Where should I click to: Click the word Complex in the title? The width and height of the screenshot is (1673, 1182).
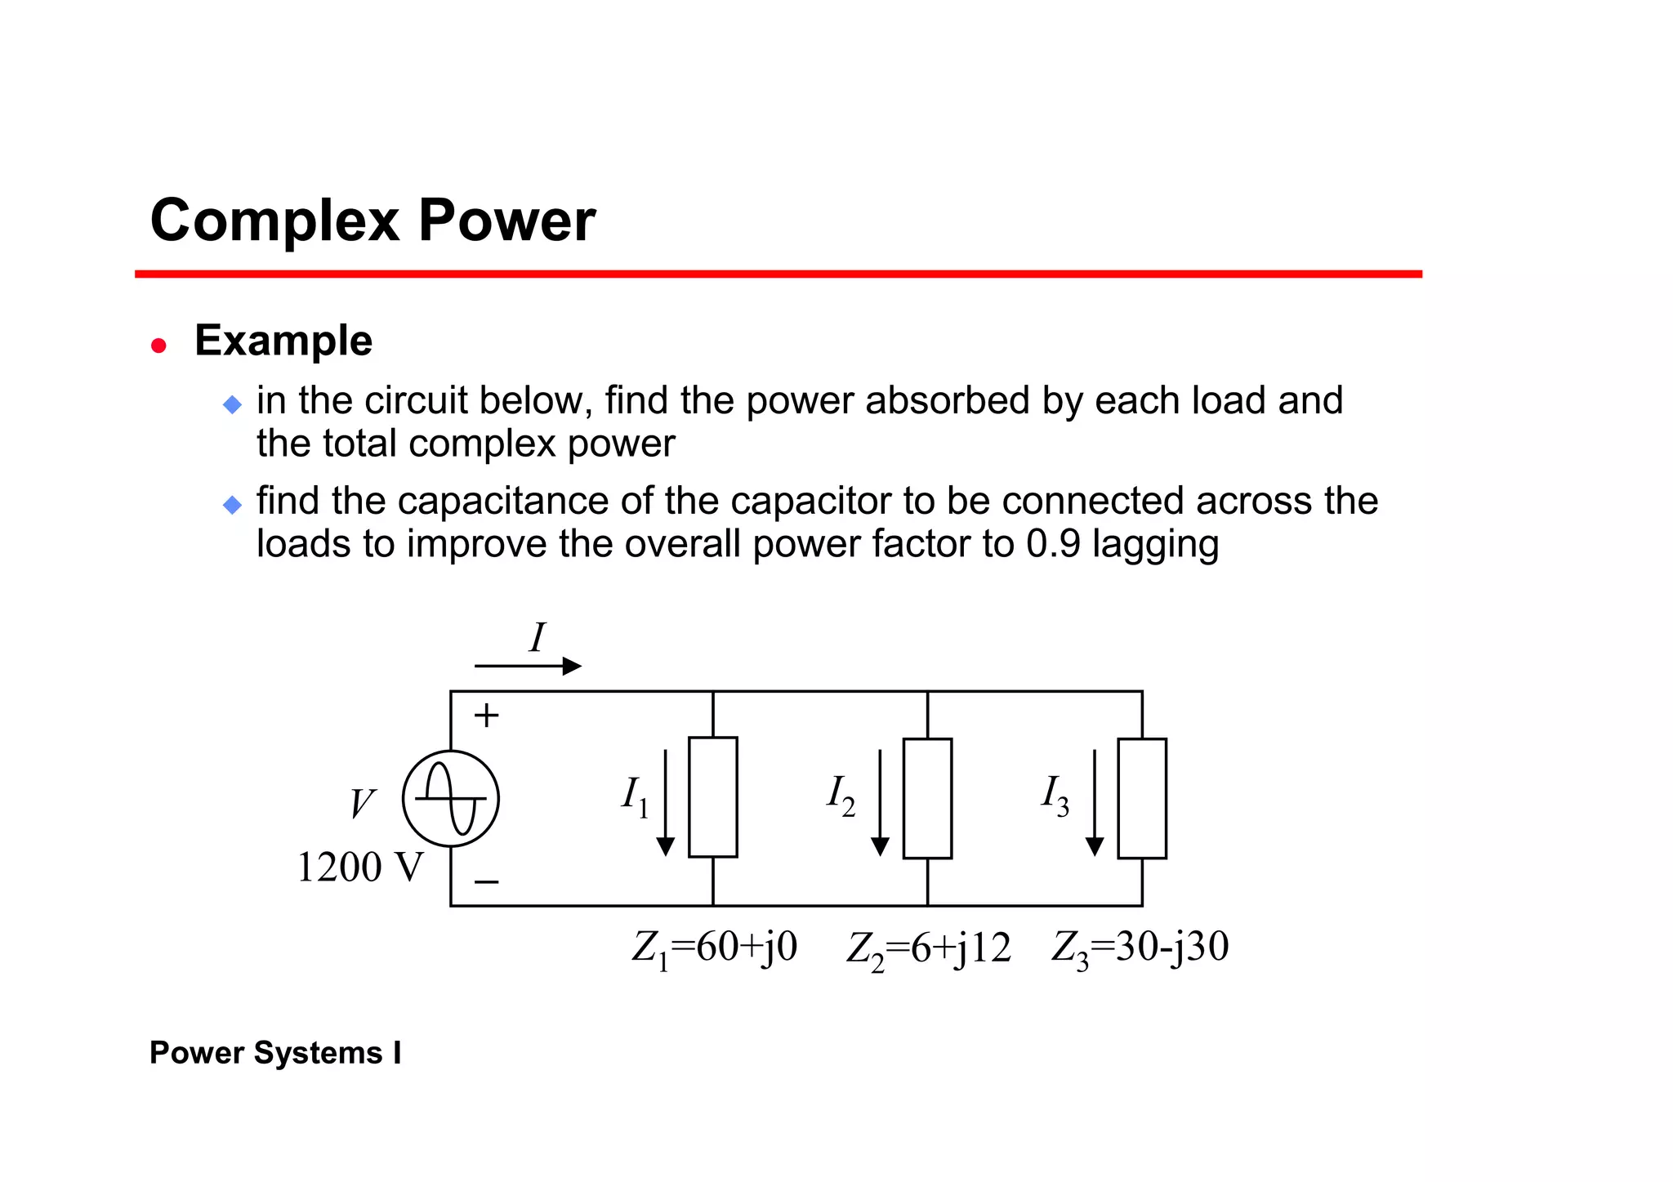274,221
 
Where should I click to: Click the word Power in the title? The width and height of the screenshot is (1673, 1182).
506,221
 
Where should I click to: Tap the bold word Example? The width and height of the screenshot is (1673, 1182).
283,341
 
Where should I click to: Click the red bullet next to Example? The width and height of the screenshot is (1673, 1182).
159,346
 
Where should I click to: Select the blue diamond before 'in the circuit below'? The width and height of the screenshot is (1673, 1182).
233,404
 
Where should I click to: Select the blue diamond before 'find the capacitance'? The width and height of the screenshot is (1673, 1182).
233,505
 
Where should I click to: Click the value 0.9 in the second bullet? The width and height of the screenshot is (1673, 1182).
1053,544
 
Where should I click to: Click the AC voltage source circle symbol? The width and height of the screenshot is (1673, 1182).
451,798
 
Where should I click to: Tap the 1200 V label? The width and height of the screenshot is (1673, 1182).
359,868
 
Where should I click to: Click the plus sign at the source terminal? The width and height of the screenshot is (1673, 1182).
487,716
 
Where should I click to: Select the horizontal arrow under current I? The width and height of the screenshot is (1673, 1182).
528,667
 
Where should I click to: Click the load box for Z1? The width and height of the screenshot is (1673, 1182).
713,797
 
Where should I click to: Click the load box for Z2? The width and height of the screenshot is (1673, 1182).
927,798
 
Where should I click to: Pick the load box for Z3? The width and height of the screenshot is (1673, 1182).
1142,798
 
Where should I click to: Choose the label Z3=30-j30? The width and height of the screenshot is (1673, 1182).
1140,948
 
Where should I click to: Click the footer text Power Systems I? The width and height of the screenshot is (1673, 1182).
275,1053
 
